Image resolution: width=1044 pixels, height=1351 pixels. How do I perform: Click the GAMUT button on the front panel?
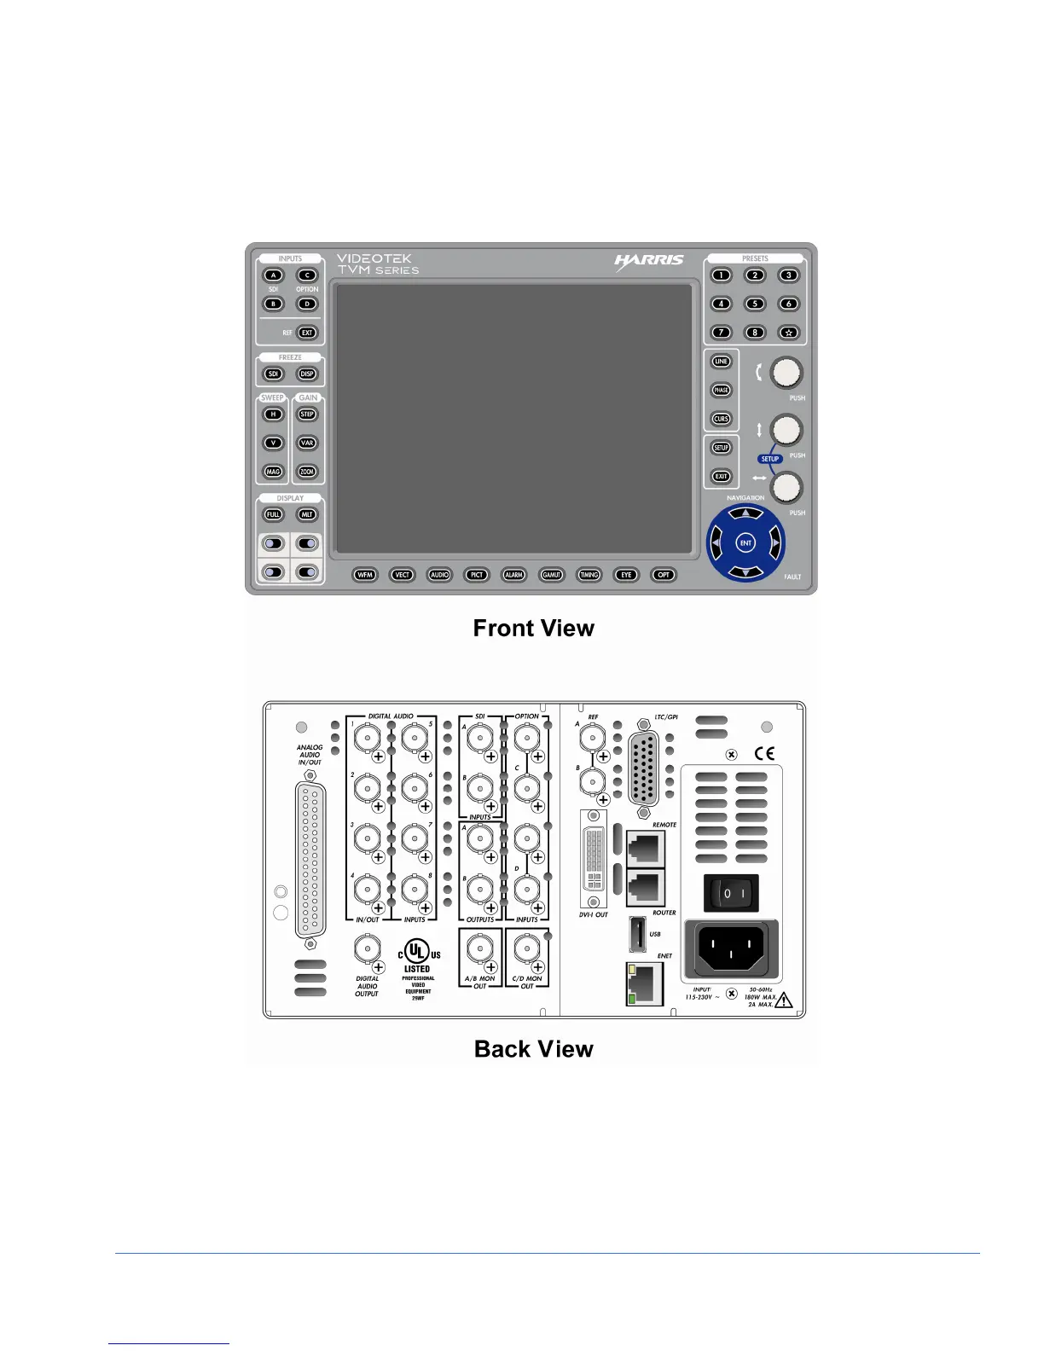tap(552, 575)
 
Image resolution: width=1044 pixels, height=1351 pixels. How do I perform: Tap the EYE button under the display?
tap(627, 575)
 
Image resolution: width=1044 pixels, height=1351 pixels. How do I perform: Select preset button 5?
tap(755, 304)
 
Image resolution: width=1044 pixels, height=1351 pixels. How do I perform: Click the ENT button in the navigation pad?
tap(745, 543)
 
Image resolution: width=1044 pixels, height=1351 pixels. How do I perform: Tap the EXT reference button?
tap(307, 333)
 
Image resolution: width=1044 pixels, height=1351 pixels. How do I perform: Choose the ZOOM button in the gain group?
tap(307, 472)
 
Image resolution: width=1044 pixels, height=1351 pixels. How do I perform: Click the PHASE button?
tap(722, 391)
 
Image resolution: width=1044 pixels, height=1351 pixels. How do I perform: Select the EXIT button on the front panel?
tap(722, 477)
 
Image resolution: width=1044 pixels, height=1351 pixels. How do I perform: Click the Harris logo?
tap(649, 261)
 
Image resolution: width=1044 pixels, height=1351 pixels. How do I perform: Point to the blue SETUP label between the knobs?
tap(770, 459)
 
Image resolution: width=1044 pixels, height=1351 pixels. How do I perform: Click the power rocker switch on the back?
tap(730, 894)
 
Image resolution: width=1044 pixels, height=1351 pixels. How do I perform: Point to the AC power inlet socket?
tap(731, 948)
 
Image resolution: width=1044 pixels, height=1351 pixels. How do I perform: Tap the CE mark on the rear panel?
tap(765, 753)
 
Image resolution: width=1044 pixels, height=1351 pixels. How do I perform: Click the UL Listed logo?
tap(417, 954)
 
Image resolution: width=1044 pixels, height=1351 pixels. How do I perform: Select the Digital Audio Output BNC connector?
tap(368, 949)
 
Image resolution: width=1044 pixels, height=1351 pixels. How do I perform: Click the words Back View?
tap(533, 1049)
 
